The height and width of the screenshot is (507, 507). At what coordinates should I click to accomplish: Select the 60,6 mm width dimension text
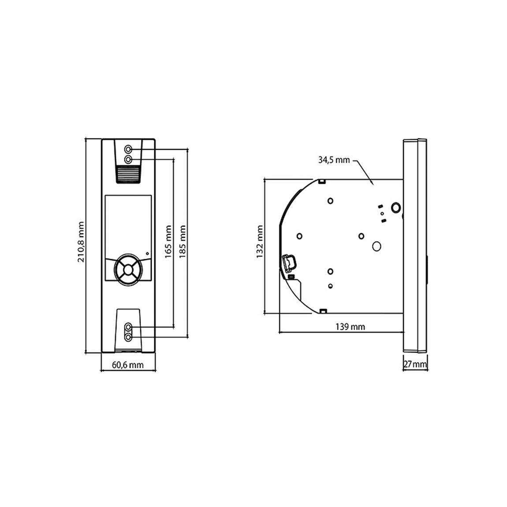[128, 365]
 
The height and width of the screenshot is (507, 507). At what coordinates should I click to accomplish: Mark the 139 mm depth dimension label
[350, 327]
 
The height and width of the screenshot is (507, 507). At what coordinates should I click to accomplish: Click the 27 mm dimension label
[415, 365]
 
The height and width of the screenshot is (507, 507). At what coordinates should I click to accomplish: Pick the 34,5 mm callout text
[334, 160]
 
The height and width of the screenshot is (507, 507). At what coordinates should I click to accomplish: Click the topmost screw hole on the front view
[128, 149]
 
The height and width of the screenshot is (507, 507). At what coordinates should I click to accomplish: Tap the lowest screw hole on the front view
[128, 337]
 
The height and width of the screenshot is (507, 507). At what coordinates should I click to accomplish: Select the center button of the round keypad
[128, 268]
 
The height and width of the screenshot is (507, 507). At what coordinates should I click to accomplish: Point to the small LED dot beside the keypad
[147, 253]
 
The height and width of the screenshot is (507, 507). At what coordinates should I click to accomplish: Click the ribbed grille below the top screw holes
[128, 173]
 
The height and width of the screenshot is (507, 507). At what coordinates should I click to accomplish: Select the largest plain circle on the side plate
[377, 246]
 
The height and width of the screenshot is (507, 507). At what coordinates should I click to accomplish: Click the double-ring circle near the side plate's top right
[395, 207]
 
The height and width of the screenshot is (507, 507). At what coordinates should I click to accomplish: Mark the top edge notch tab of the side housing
[322, 181]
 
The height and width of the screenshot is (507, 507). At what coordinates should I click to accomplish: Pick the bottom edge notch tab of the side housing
[322, 311]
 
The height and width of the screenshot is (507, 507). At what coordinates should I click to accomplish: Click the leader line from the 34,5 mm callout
[365, 170]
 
